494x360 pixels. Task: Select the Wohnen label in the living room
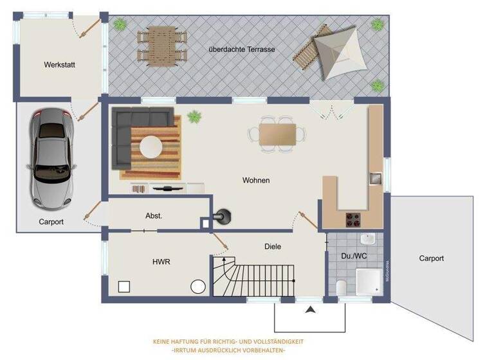click(256, 181)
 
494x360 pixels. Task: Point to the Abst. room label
click(154, 216)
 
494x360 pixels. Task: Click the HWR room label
click(161, 262)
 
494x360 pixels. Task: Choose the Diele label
click(273, 246)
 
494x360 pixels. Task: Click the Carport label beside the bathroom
click(431, 258)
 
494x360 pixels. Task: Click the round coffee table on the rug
click(152, 146)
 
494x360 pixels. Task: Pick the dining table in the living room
click(278, 134)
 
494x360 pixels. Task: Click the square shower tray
click(369, 280)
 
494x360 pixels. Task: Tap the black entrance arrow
click(311, 310)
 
